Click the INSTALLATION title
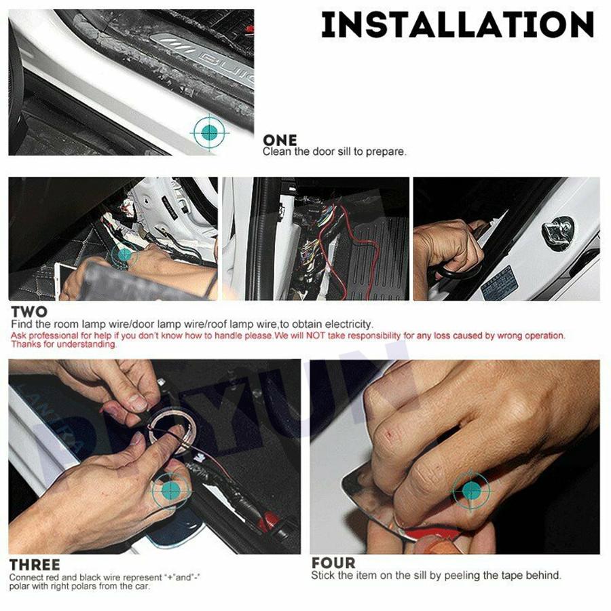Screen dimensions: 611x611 pyautogui.click(x=458, y=24)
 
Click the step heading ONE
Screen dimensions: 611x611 pyautogui.click(x=280, y=140)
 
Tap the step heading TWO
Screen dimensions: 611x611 pyautogui.click(x=29, y=312)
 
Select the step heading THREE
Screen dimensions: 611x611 pyautogui.click(x=35, y=565)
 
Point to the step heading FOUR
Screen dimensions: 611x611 pyautogui.click(x=333, y=563)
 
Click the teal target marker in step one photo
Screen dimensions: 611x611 pyautogui.click(x=210, y=132)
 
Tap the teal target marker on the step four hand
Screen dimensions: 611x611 pyautogui.click(x=471, y=491)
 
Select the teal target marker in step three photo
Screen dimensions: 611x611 pyautogui.click(x=170, y=490)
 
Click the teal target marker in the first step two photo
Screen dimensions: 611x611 pyautogui.click(x=124, y=255)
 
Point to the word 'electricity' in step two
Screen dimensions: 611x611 pyautogui.click(x=349, y=325)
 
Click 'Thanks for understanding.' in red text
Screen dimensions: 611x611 pyautogui.click(x=64, y=344)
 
